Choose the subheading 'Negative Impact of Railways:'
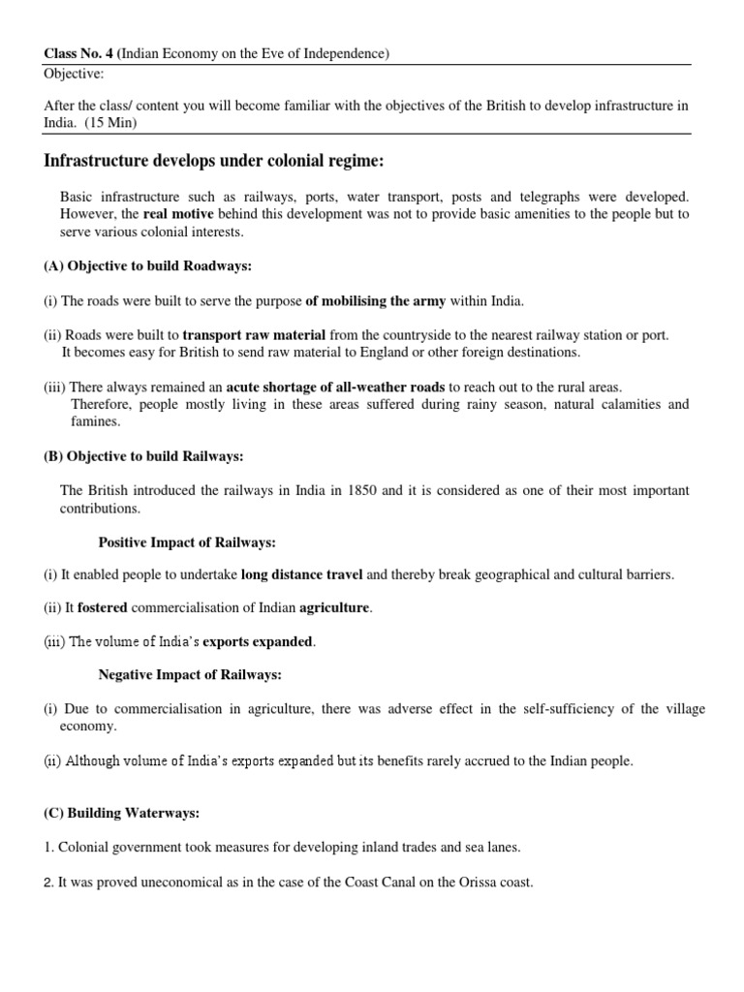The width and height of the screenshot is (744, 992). point(190,674)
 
